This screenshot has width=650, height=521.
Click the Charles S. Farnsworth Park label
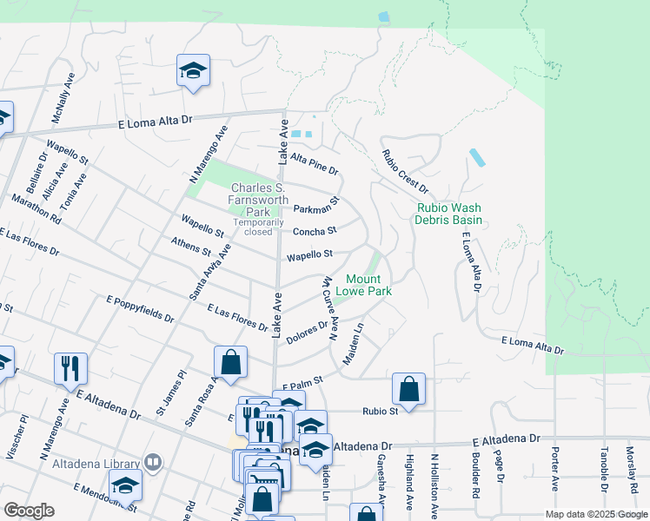(x=259, y=200)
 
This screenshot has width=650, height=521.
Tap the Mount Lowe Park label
(x=369, y=285)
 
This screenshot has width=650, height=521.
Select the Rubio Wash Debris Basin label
(x=449, y=214)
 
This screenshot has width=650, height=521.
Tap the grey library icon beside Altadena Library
(x=154, y=462)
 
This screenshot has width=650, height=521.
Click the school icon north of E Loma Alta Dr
(x=193, y=71)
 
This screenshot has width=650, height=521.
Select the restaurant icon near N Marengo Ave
(x=70, y=368)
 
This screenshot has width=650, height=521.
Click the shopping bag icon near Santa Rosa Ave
(x=230, y=363)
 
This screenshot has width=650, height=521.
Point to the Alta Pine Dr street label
(x=314, y=162)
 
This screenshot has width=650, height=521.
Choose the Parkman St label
(x=315, y=206)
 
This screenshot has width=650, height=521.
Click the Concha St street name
(x=314, y=231)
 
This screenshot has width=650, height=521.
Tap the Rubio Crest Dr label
(x=405, y=171)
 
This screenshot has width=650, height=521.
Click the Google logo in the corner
(x=29, y=511)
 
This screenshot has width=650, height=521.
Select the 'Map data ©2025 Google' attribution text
(x=595, y=514)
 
